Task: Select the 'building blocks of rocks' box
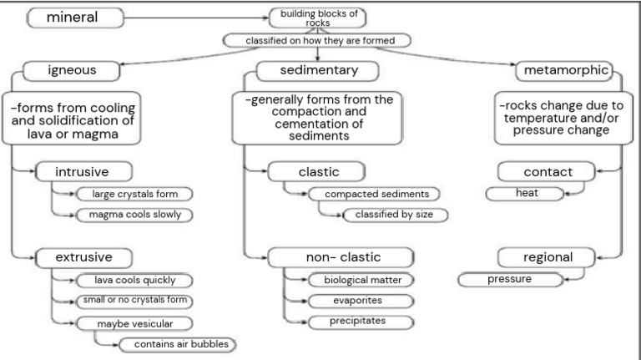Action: pyautogui.click(x=317, y=18)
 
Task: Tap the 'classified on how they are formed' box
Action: pyautogui.click(x=317, y=40)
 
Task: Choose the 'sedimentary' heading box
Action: pyautogui.click(x=317, y=70)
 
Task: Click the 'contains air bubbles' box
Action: pyautogui.click(x=174, y=343)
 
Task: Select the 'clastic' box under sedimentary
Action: pyautogui.click(x=318, y=172)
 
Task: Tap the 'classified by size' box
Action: pyautogui.click(x=395, y=215)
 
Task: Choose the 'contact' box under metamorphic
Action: pyautogui.click(x=548, y=172)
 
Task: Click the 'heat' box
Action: pyautogui.click(x=525, y=193)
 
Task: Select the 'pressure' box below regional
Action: pyautogui.click(x=509, y=279)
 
